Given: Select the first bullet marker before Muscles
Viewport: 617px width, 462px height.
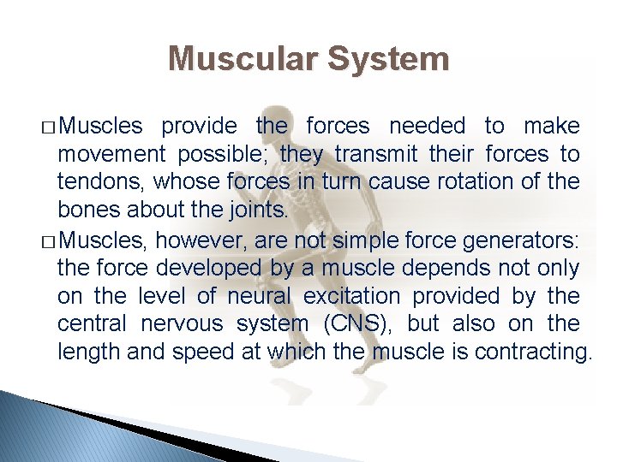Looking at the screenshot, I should pyautogui.click(x=48, y=127).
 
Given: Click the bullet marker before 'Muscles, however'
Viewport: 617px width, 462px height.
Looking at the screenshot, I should pyautogui.click(x=48, y=240).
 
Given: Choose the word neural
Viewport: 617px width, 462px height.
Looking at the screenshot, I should pyautogui.click(x=259, y=296).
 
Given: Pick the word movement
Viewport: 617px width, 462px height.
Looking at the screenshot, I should pyautogui.click(x=111, y=155).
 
